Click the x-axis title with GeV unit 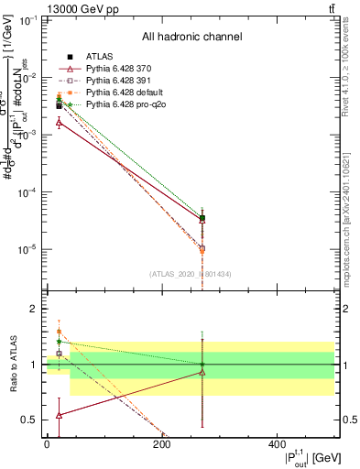295,458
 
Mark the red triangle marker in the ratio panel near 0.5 59,415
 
